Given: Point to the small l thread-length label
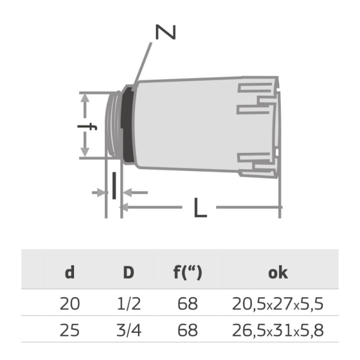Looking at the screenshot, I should pyautogui.click(x=113, y=186).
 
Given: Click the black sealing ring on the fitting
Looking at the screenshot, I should pyautogui.click(x=129, y=125).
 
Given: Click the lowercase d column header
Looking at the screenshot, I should pyautogui.click(x=69, y=272).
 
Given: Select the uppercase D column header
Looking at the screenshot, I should pyautogui.click(x=129, y=272).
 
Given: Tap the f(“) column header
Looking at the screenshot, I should pyautogui.click(x=187, y=272).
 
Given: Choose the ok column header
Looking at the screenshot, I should pyautogui.click(x=277, y=272).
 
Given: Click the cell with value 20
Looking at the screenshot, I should pyautogui.click(x=69, y=303).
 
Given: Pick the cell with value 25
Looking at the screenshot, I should pyautogui.click(x=69, y=331).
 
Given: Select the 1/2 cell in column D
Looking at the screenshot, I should pyautogui.click(x=129, y=303).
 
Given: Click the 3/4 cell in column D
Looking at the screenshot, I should pyautogui.click(x=129, y=331).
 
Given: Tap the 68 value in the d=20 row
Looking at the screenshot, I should pyautogui.click(x=187, y=303).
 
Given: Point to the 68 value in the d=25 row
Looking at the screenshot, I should pyautogui.click(x=187, y=331).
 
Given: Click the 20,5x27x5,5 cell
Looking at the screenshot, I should pyautogui.click(x=277, y=303).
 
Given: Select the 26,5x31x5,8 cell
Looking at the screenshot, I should pyautogui.click(x=277, y=331).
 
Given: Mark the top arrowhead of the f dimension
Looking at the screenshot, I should pyautogui.click(x=85, y=96).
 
